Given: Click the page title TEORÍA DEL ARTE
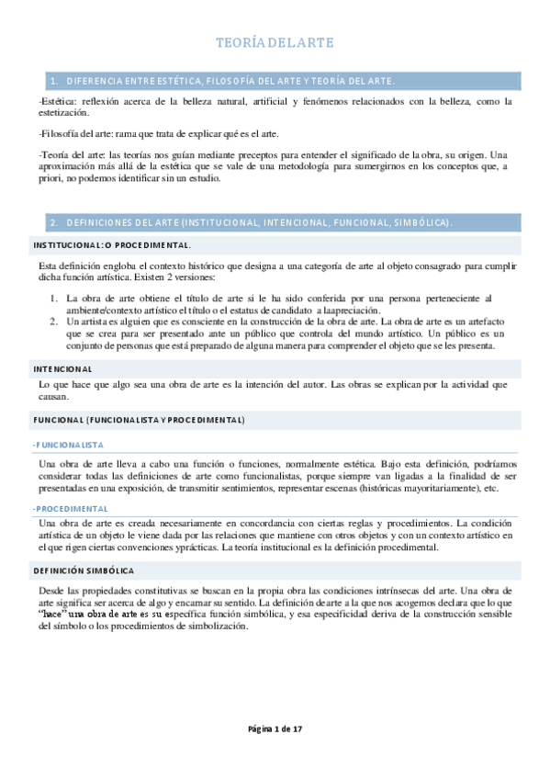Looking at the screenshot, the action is [x=274, y=42].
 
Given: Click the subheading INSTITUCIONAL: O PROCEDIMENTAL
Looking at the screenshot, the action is [x=111, y=246].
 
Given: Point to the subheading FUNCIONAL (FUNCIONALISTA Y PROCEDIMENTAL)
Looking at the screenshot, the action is [x=139, y=420].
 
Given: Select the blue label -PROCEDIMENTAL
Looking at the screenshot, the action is [x=70, y=508].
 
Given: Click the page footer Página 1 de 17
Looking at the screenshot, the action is [x=275, y=729].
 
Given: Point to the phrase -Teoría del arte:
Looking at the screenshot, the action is [x=73, y=154].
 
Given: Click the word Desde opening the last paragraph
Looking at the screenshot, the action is [x=54, y=590].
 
